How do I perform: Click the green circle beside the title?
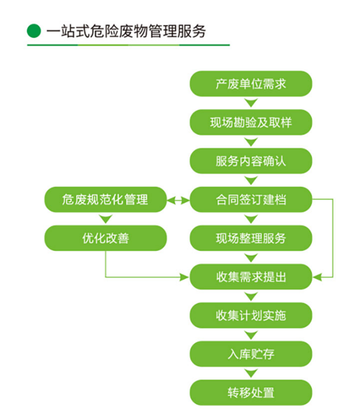(x=34, y=31)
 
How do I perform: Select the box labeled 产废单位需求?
(x=251, y=84)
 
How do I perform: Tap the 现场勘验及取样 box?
(x=251, y=122)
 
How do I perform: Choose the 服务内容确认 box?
(x=251, y=161)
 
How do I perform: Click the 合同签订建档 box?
(x=251, y=199)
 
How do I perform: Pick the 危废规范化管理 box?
(x=105, y=199)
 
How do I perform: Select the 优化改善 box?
(x=105, y=238)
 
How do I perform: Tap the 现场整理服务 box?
(x=251, y=238)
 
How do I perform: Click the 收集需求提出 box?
(x=251, y=277)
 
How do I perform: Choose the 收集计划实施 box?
(x=251, y=315)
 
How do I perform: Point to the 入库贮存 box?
(x=251, y=354)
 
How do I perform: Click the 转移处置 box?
(x=251, y=392)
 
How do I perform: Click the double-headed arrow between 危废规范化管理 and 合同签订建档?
(x=178, y=199)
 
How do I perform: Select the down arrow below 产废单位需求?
(x=251, y=103)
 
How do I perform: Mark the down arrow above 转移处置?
(x=251, y=373)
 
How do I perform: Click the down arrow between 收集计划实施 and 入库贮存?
(x=251, y=335)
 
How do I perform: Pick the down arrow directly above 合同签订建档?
(x=251, y=180)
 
